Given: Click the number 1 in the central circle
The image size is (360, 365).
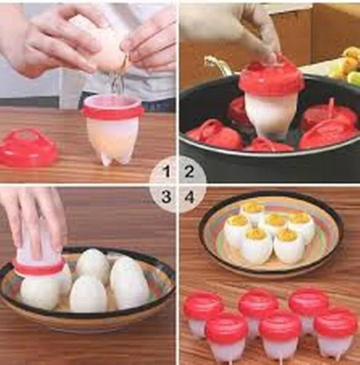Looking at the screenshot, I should click(167, 172).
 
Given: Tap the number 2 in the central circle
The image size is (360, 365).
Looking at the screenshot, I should click(189, 172).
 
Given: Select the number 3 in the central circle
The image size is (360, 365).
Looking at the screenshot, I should click(167, 196).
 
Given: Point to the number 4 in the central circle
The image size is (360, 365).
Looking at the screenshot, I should click(190, 196).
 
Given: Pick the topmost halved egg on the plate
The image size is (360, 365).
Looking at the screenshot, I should click(252, 211).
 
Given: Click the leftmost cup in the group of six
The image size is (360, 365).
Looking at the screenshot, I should click(202, 311).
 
